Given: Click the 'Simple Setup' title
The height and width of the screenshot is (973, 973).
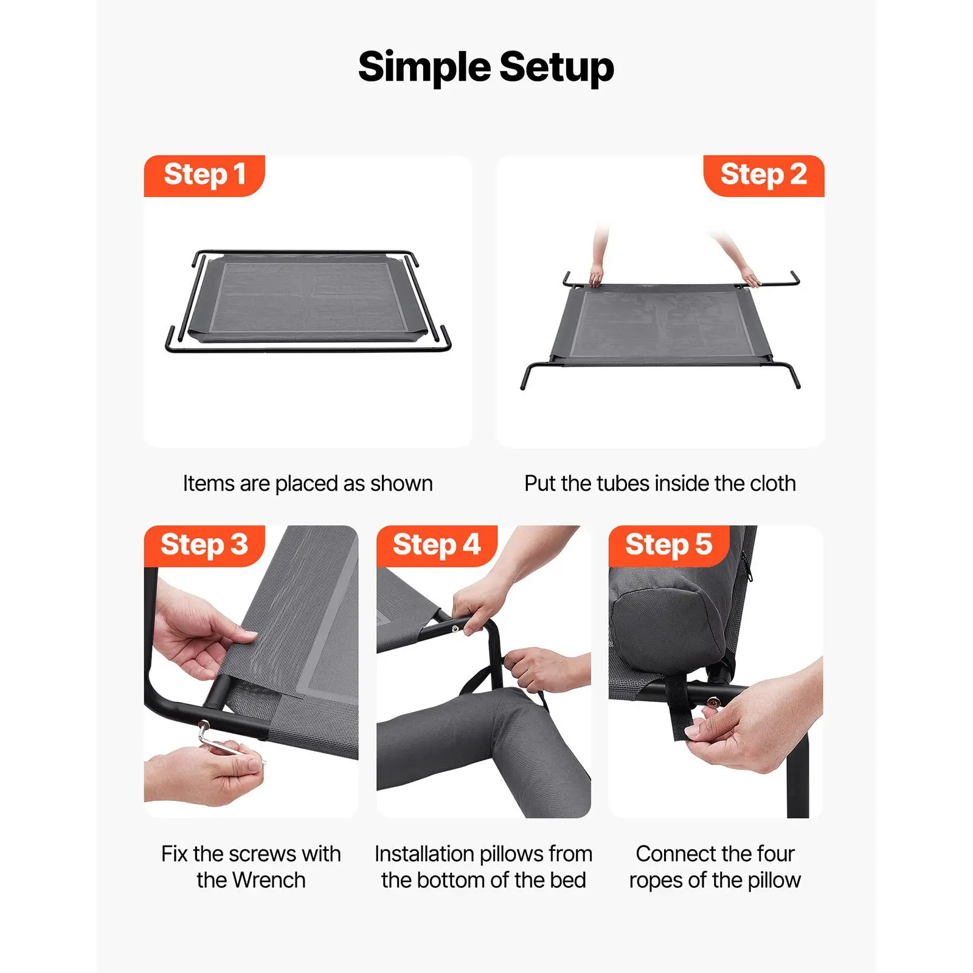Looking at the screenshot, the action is pos(486,67).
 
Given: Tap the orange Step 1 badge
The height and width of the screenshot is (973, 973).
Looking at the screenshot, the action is pos(204,175).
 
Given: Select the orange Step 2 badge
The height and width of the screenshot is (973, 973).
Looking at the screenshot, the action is pos(763,175).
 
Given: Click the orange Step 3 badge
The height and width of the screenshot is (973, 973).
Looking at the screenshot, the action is pos(204,545).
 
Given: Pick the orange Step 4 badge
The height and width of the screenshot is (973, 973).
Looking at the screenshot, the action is pos(437,545).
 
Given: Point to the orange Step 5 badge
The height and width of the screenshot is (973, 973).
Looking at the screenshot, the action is pos(669,545).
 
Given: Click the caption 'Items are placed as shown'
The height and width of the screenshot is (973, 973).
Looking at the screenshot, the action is pos(308,483).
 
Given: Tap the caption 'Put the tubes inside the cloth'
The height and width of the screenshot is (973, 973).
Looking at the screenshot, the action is pos(660,483).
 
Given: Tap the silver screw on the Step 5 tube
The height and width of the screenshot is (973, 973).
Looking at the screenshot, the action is pos(712,703).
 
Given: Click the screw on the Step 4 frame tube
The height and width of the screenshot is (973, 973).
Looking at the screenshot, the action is pos(455,629).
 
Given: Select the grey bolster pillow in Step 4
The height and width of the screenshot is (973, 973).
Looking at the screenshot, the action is pos(484,751).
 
